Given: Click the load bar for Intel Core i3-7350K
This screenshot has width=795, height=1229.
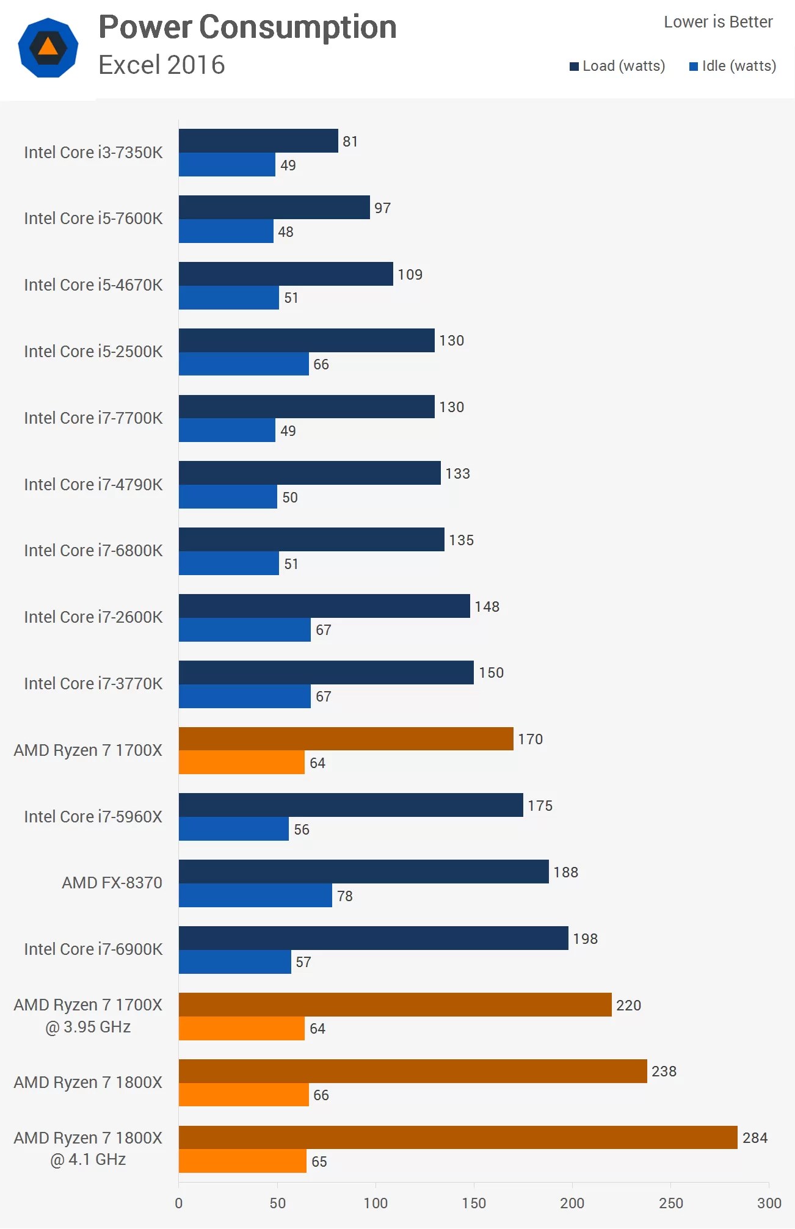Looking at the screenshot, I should tap(258, 141).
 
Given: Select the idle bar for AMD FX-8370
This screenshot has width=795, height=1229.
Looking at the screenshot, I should tap(255, 896).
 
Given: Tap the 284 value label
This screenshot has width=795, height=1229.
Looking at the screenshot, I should tap(755, 1138).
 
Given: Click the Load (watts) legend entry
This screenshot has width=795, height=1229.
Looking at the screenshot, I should tap(617, 66).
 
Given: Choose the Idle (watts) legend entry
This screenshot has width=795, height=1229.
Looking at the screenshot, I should tap(733, 66).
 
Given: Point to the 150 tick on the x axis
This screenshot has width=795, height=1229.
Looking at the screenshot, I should tap(474, 1203).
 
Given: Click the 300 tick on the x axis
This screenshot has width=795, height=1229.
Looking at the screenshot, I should tap(769, 1203).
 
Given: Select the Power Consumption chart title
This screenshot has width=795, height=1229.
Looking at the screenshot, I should tap(247, 27).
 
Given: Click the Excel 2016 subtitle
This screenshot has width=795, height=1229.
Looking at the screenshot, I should tap(162, 65).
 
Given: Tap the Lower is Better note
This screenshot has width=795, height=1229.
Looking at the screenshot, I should tap(718, 22).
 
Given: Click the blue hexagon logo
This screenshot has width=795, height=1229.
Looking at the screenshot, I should tap(48, 48).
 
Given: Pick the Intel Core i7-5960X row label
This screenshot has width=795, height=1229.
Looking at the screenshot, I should tap(93, 817).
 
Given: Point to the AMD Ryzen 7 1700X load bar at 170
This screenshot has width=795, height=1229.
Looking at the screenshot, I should tap(346, 739).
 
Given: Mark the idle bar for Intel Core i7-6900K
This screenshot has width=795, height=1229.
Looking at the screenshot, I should tap(235, 962).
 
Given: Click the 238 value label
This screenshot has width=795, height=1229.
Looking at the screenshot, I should tap(664, 1071).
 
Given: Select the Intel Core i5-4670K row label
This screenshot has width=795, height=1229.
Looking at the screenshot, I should tap(93, 285).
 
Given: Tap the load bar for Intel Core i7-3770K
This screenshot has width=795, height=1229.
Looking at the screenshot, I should tap(326, 673).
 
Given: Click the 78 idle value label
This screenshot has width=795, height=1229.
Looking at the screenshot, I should tap(345, 896).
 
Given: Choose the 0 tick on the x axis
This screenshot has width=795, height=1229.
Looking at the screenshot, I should tap(179, 1203).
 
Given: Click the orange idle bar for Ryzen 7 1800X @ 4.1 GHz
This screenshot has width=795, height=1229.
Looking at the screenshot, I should tap(242, 1161).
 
